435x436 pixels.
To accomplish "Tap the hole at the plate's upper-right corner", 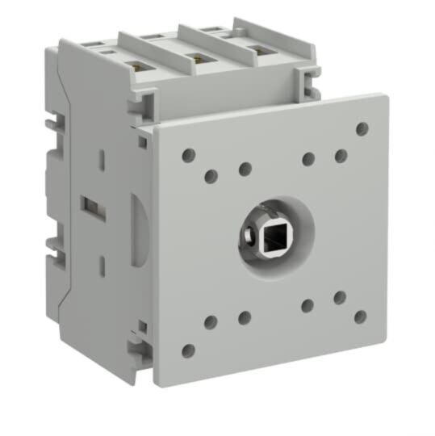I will pos(362,128).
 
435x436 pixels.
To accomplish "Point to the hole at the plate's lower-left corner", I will pos(188,350).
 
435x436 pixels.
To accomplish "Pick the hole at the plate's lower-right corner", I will pos(361,317).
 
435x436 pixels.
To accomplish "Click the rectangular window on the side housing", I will pos(91,207).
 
